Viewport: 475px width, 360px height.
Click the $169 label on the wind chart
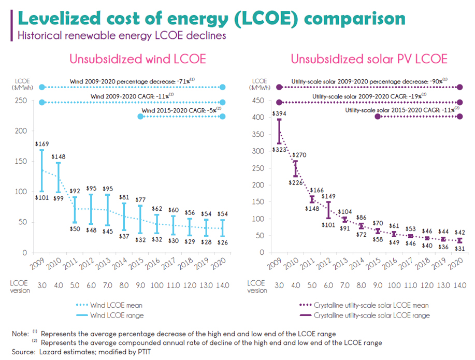pos(42,143)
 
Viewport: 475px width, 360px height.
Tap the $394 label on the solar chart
pos(279,113)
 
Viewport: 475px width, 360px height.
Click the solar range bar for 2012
pos(328,210)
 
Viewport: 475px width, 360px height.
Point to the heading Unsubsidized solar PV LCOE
pos(369,59)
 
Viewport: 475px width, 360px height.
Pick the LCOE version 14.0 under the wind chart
pos(223,285)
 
